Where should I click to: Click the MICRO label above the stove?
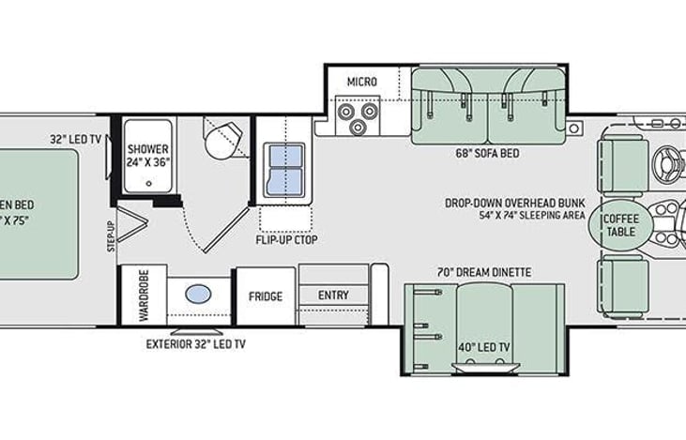(x=361, y=82)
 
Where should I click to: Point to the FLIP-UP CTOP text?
(x=286, y=240)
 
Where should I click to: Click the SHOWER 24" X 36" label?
(x=147, y=155)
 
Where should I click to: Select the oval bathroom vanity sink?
(x=199, y=294)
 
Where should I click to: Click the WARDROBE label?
(x=145, y=298)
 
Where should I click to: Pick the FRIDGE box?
(x=266, y=296)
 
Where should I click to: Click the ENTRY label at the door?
(x=333, y=296)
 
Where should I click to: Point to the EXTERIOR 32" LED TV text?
(x=195, y=344)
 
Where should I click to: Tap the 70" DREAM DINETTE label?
(x=483, y=273)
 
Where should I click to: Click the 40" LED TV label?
(x=485, y=347)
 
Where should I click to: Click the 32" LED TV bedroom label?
(x=76, y=140)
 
